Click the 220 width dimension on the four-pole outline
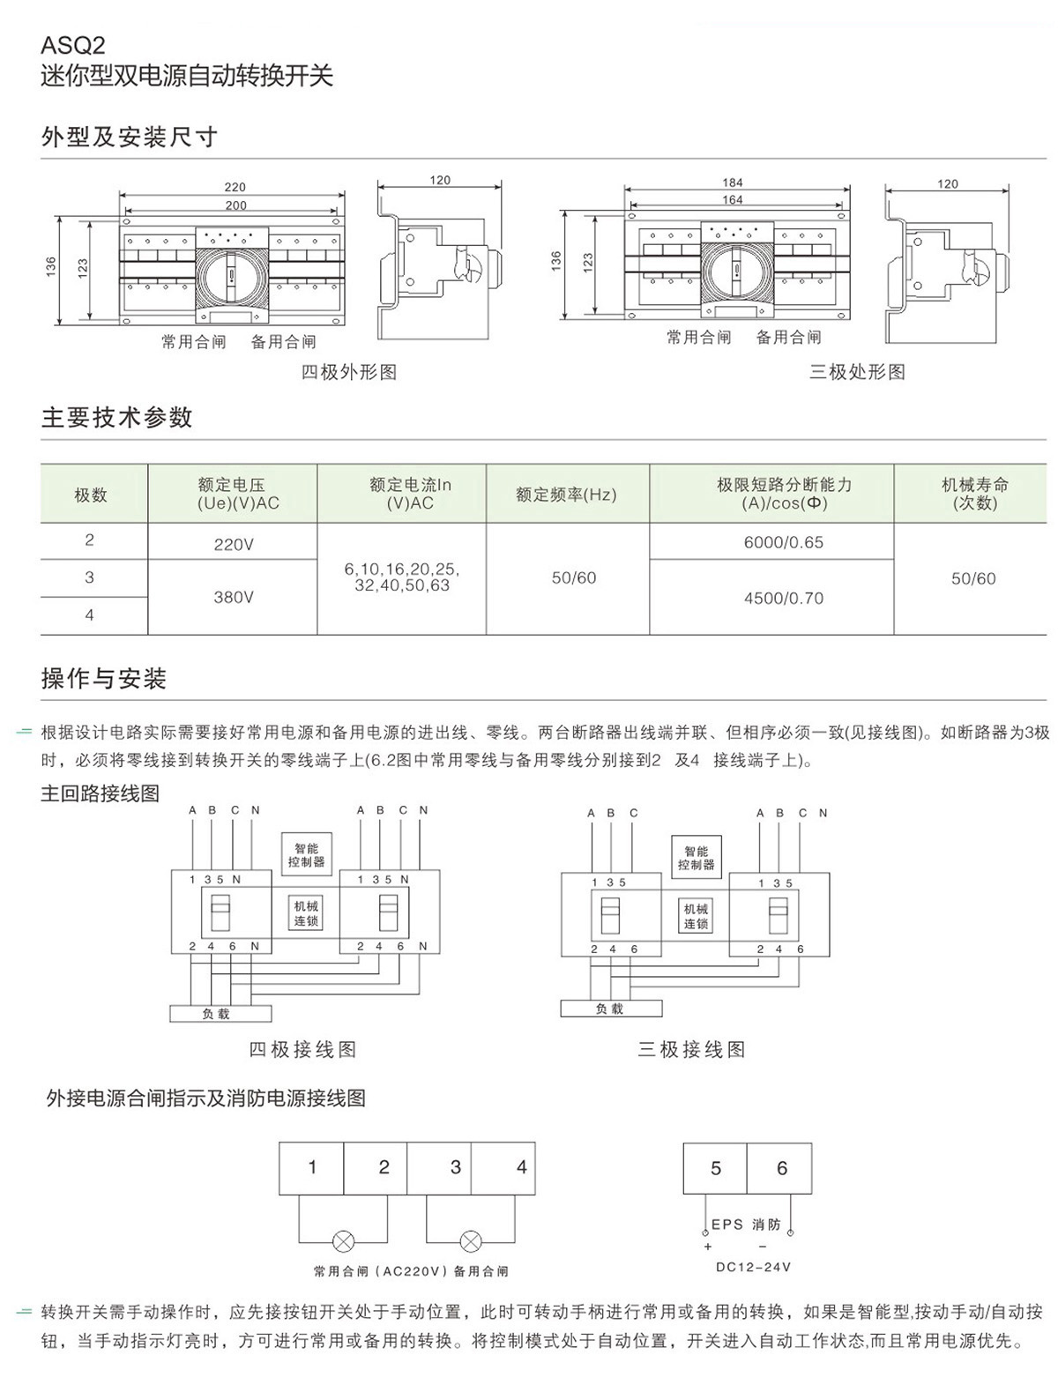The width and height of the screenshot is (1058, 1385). [235, 187]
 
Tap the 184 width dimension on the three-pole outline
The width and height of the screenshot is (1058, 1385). [733, 182]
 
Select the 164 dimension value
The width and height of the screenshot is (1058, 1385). [733, 200]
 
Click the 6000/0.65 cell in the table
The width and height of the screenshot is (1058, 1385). [783, 542]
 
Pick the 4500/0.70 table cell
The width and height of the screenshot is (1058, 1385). [783, 598]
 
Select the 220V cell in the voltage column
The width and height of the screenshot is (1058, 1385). [233, 544]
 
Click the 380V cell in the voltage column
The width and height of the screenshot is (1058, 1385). [233, 597]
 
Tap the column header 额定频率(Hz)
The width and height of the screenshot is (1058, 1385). [567, 494]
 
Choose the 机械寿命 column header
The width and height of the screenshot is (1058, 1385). [974, 494]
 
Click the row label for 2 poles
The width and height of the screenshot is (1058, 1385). [89, 540]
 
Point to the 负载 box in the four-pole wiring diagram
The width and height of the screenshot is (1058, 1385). [220, 1014]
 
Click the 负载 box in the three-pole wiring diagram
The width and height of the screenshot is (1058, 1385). [610, 1009]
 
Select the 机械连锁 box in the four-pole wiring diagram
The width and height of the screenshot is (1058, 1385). [307, 913]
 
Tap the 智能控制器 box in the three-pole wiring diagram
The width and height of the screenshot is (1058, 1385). [696, 858]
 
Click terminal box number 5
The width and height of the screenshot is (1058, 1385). [715, 1168]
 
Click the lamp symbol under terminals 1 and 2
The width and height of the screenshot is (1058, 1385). [342, 1241]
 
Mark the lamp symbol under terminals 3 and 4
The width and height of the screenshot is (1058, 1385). [471, 1241]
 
